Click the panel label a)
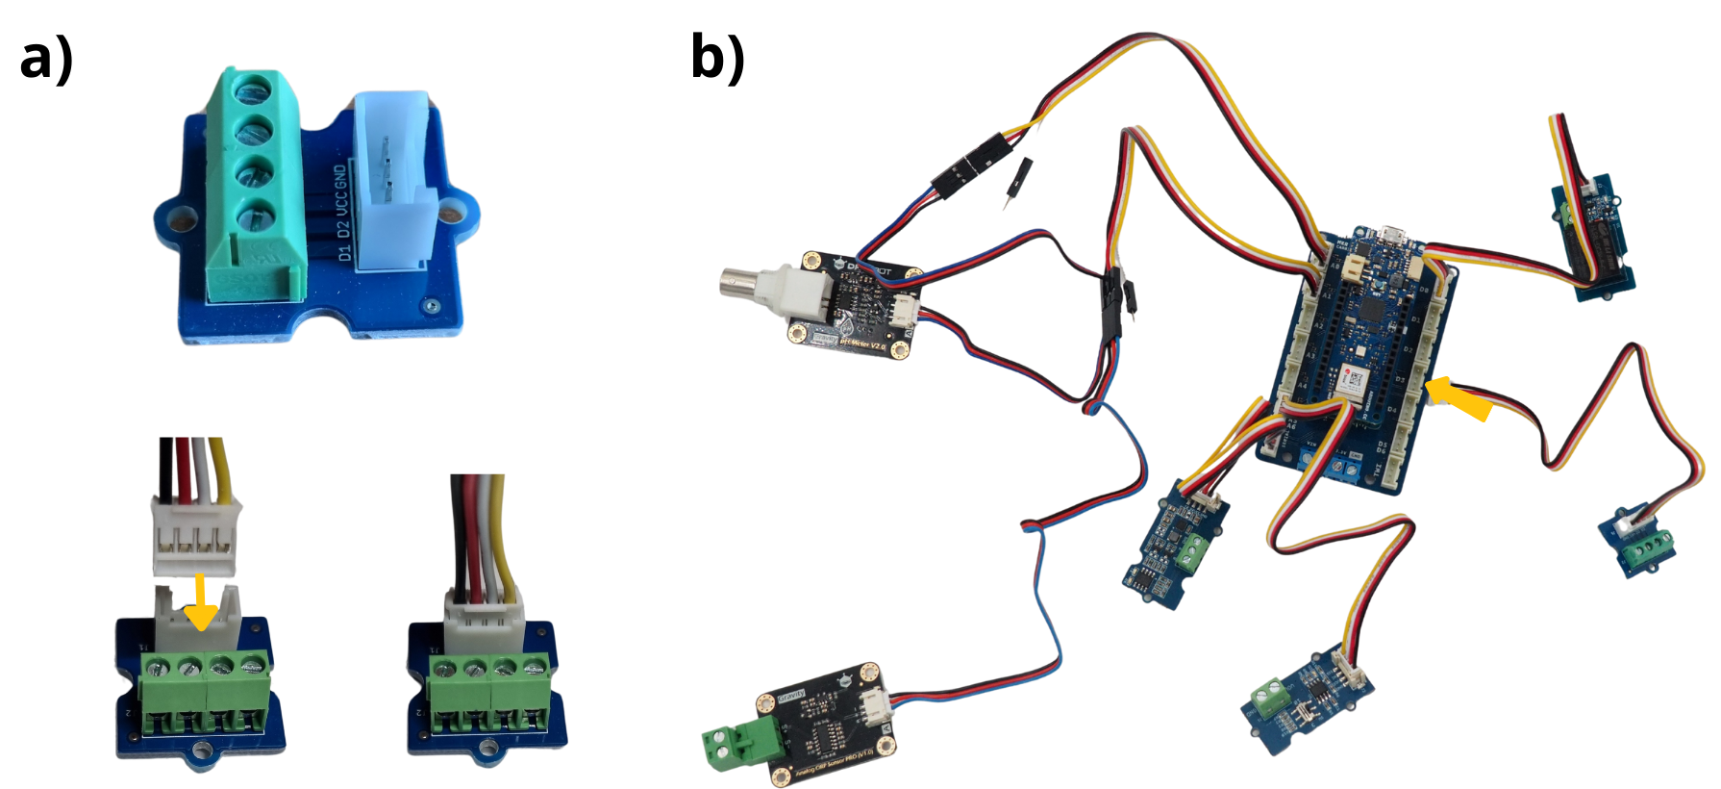pyautogui.click(x=46, y=58)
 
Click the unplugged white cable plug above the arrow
pyautogui.click(x=196, y=540)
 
